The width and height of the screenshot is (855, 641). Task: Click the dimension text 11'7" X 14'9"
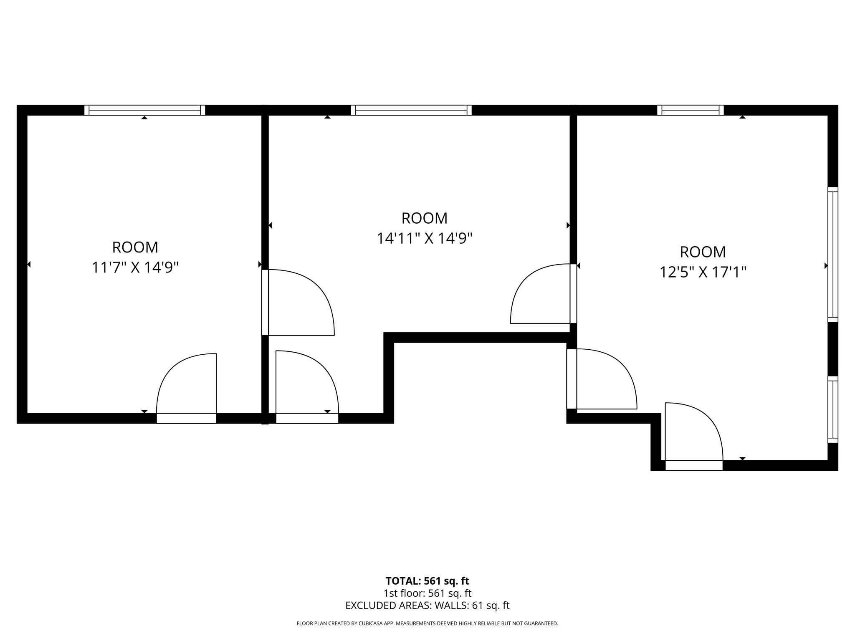coord(135,268)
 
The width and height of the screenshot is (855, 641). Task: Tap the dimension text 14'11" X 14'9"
coord(424,239)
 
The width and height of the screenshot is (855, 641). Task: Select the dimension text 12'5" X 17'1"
coord(703,273)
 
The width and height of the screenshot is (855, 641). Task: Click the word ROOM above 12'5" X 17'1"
coord(703,252)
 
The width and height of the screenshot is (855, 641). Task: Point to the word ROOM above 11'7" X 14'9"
coord(135,247)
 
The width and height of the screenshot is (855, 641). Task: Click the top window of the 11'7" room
coord(144,110)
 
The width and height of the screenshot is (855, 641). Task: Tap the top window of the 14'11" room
coord(411,110)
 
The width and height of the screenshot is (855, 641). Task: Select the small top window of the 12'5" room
coord(690,110)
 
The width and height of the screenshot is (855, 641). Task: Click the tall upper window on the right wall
coord(832,255)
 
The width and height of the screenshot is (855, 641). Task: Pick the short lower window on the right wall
coord(832,409)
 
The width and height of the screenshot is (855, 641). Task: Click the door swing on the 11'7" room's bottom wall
coord(187,388)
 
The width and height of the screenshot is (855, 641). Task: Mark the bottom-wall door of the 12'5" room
coord(693,434)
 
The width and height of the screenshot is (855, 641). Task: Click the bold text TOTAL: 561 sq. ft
coord(427,581)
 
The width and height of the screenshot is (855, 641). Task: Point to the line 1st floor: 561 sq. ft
coord(427,593)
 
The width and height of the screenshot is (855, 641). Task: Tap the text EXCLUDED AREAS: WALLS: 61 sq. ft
coord(427,606)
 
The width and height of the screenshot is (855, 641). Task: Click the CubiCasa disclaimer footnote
coord(427,623)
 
